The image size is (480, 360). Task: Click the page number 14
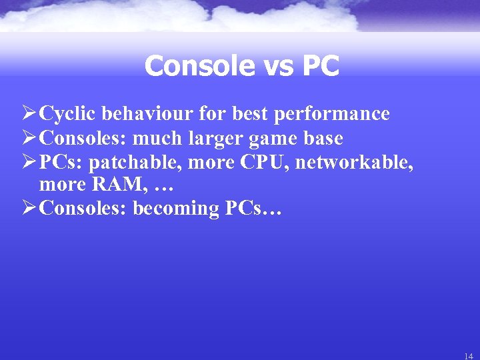468,354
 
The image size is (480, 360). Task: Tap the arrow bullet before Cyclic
29,114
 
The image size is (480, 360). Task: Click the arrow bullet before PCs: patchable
29,161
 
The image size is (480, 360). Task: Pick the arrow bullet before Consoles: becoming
29,208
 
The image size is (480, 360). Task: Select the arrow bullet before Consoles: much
29,138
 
